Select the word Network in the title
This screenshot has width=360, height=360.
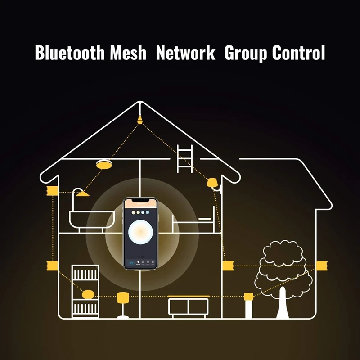185,53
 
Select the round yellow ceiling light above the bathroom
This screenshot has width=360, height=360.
104,164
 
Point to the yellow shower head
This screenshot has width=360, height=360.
82,193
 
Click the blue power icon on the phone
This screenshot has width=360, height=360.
131,263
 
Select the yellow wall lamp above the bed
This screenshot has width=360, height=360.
211,183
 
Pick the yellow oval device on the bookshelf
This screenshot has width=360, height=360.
88,295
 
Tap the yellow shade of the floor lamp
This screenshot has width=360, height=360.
123,297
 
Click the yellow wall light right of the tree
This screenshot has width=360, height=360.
321,266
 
